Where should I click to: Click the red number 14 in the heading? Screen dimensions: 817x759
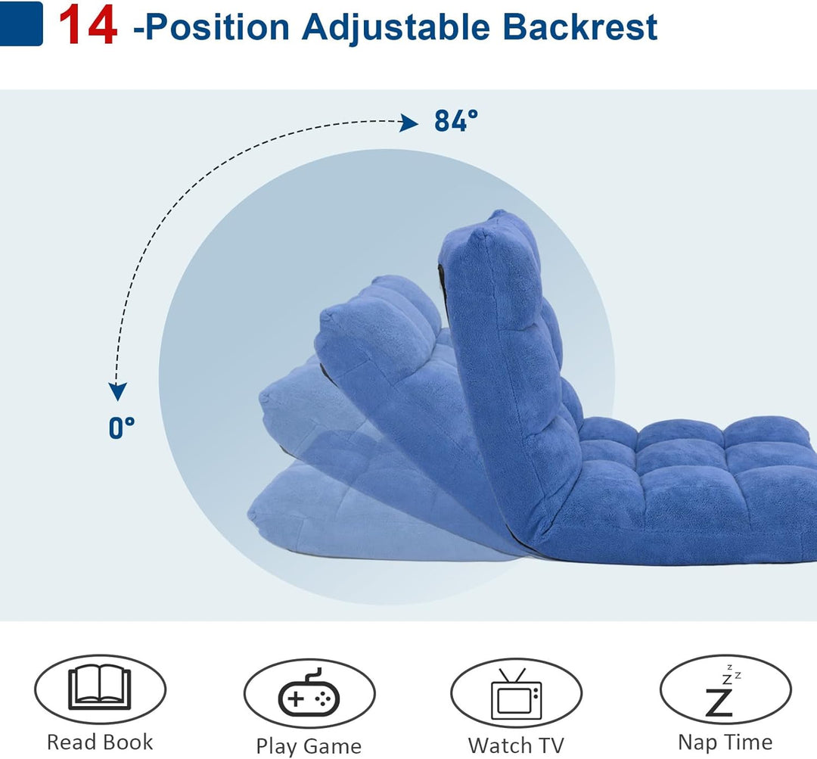[88, 25]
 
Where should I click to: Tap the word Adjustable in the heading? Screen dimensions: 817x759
[396, 26]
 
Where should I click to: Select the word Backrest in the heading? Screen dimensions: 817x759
[580, 26]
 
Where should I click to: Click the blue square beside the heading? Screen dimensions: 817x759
[21, 23]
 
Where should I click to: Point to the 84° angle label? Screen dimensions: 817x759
[456, 121]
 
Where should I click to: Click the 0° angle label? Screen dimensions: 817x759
[121, 428]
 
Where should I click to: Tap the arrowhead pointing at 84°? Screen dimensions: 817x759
[408, 123]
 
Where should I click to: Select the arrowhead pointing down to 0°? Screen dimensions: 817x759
[118, 391]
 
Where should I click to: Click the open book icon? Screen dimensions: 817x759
[100, 687]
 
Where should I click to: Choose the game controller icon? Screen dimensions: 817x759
[309, 693]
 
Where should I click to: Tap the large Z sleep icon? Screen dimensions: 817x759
[719, 701]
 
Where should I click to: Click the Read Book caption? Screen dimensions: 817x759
[100, 742]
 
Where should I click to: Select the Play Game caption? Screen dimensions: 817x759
[309, 746]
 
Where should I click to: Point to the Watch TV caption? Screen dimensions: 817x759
[516, 745]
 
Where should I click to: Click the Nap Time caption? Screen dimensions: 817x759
[725, 742]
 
